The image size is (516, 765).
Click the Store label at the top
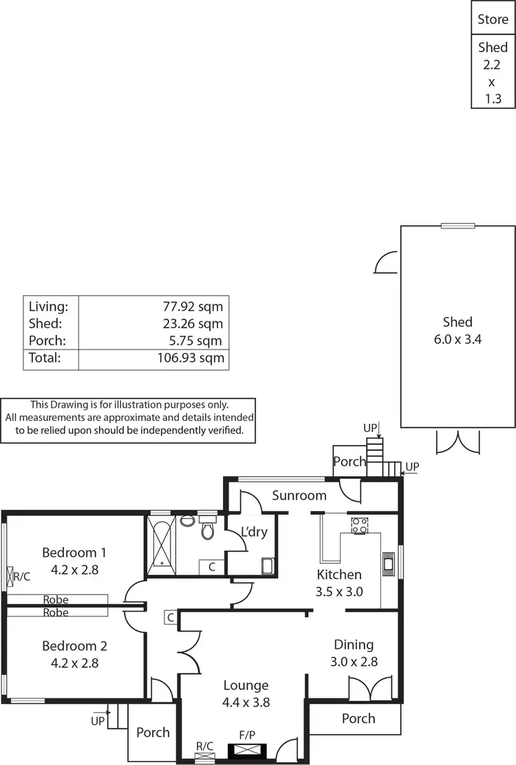493,20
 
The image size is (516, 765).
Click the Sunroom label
299,495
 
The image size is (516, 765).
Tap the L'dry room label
254,532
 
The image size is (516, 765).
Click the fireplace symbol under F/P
246,751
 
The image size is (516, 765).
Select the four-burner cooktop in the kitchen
360,526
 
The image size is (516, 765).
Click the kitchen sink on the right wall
389,564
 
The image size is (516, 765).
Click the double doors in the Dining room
364,689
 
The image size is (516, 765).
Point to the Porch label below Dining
358,718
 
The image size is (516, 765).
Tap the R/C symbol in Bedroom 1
10,577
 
